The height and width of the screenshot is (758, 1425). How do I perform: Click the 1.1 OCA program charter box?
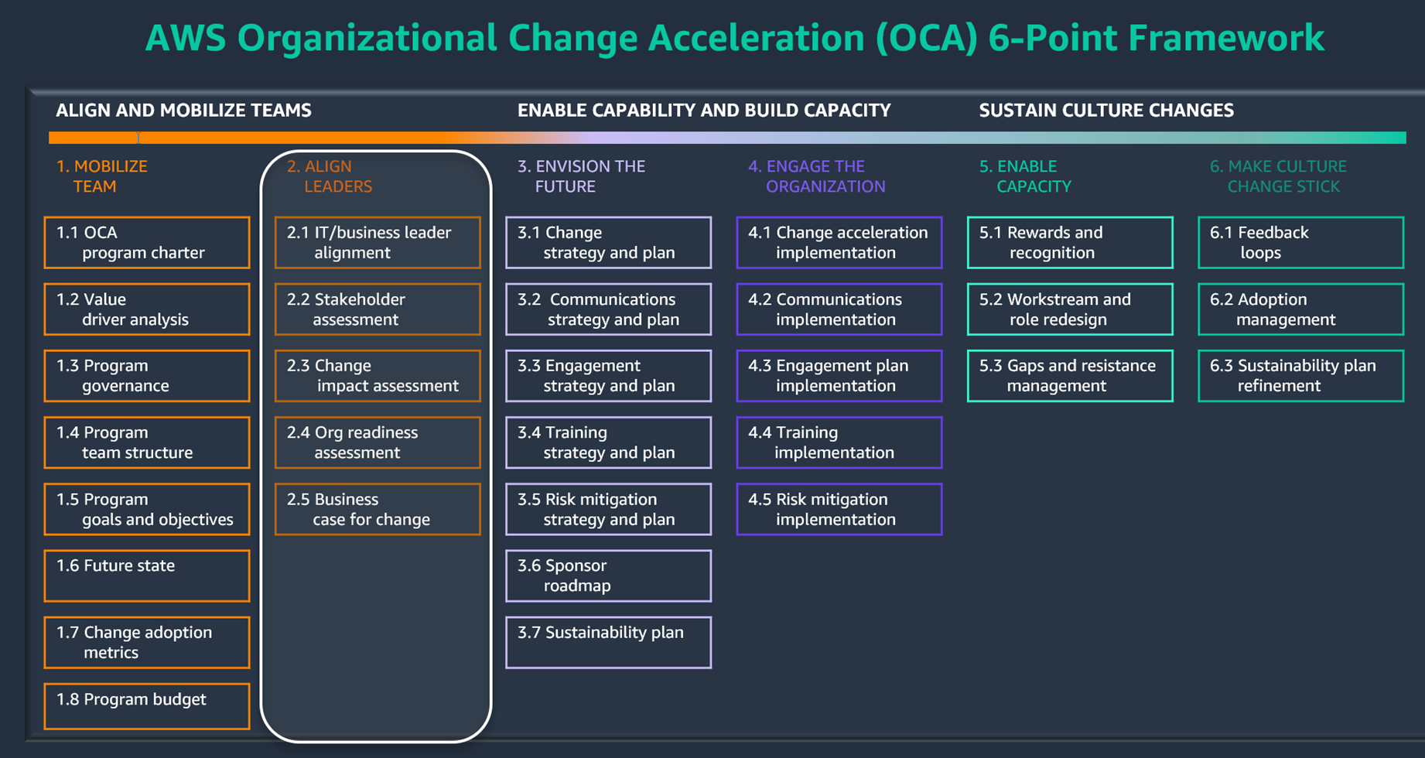(147, 243)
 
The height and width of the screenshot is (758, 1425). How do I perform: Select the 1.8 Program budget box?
(147, 705)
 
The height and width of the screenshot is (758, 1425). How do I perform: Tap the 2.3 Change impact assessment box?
(378, 376)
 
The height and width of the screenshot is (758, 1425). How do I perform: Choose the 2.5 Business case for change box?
(378, 509)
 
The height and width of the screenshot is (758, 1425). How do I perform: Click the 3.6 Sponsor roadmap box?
(608, 575)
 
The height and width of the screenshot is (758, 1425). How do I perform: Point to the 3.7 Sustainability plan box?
(608, 642)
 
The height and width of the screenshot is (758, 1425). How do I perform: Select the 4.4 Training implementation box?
(839, 442)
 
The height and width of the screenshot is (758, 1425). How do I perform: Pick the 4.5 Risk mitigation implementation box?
(839, 509)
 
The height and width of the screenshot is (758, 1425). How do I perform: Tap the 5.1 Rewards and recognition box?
(1069, 243)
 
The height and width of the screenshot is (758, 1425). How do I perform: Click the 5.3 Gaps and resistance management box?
(1069, 376)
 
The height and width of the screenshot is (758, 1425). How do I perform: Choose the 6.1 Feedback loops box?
(1300, 243)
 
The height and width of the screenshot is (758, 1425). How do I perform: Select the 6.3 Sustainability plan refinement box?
(1300, 376)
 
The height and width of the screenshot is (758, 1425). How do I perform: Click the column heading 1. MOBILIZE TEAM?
(101, 176)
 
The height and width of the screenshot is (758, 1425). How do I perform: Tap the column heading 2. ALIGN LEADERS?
(330, 176)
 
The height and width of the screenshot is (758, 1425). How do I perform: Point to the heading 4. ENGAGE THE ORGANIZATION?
(816, 176)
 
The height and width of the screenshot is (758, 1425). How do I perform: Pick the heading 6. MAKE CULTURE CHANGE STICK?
(1278, 176)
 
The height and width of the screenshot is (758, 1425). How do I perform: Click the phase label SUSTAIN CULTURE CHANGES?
(1105, 111)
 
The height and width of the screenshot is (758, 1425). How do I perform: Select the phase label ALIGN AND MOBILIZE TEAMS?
(183, 111)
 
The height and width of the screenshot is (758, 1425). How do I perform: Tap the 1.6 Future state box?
(147, 575)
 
